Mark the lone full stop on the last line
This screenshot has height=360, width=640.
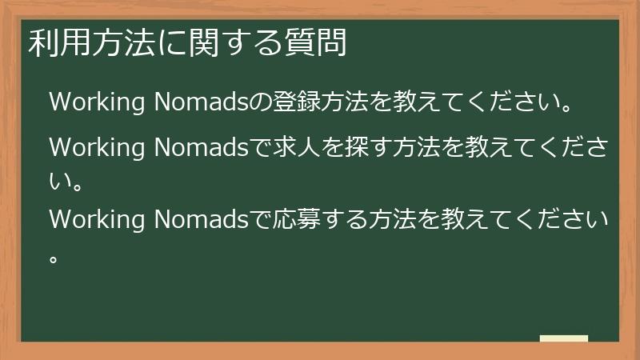click(54, 258)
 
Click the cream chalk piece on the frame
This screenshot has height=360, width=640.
click(563, 338)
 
